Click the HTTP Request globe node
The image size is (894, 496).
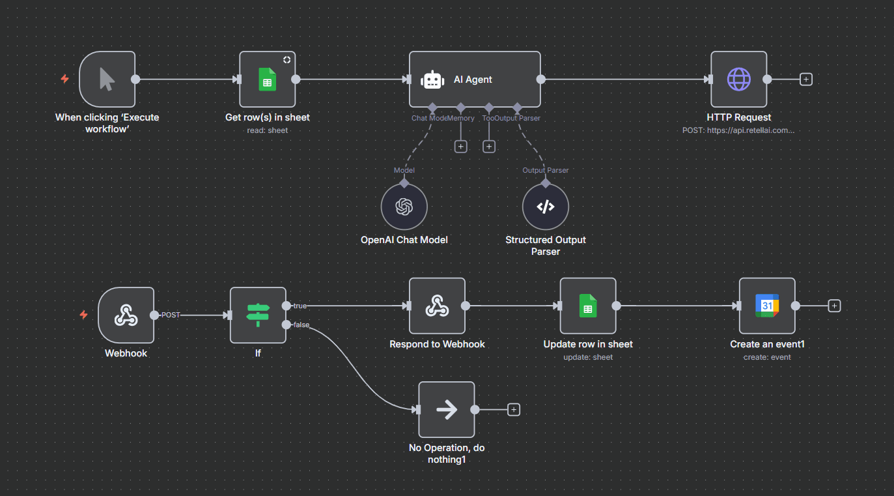tap(738, 80)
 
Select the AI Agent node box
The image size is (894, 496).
tap(474, 80)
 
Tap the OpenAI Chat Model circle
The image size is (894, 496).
tap(404, 207)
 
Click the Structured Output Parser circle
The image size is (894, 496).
tap(545, 207)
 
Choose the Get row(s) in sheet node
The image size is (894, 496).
tap(267, 80)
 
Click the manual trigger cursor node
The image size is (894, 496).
tap(107, 80)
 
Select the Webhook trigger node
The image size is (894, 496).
tap(126, 315)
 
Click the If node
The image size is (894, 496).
tap(258, 315)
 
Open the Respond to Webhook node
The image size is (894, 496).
tap(436, 306)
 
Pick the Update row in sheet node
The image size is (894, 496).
tap(587, 306)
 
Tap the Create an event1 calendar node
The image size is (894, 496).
tap(766, 306)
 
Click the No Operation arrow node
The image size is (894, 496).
tap(446, 409)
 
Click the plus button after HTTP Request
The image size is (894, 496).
tap(806, 80)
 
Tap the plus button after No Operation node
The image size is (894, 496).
tap(514, 409)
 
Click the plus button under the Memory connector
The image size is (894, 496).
tap(460, 147)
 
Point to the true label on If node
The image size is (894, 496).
tap(300, 306)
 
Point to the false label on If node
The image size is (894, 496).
tap(301, 325)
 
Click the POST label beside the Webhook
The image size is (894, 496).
tap(171, 315)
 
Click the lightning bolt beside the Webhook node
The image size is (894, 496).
tap(83, 315)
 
